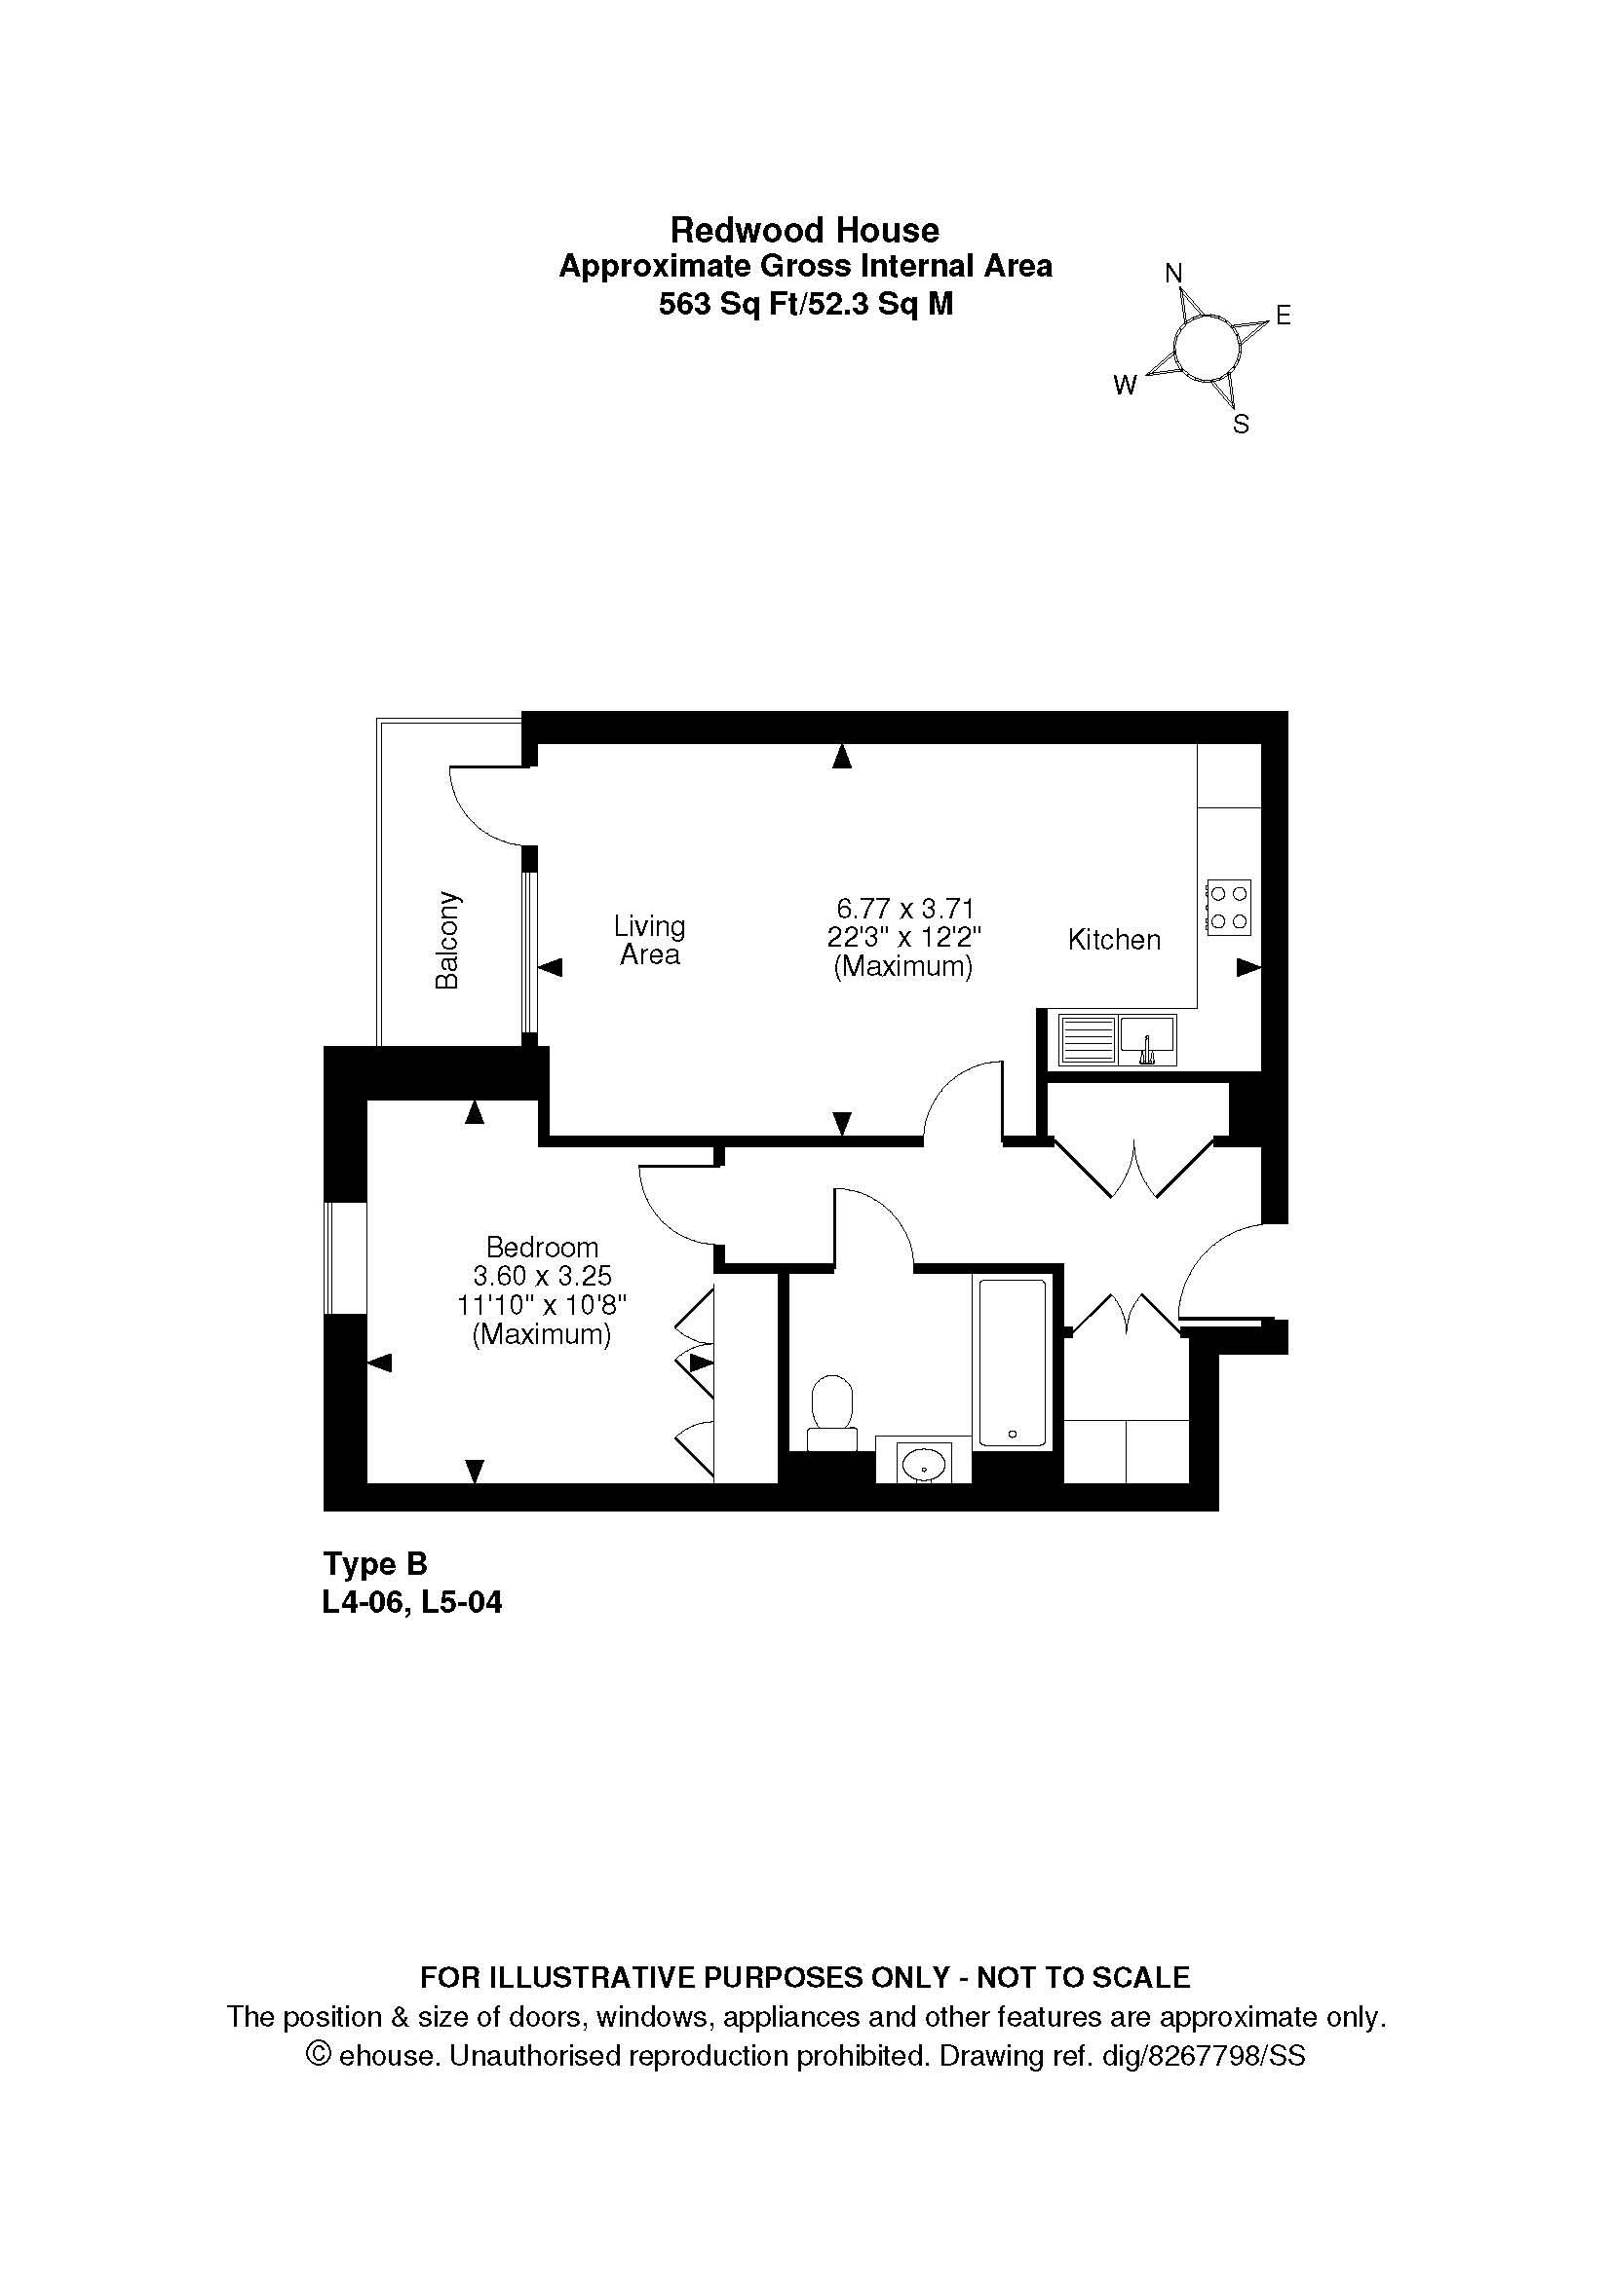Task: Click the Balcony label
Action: tap(447, 941)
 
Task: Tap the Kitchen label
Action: tap(1114, 940)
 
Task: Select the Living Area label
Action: tap(649, 941)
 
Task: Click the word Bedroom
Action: tap(542, 1248)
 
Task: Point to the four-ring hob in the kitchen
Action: tap(1228, 907)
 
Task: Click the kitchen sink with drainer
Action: tap(1117, 1039)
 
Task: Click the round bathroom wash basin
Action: tap(924, 1463)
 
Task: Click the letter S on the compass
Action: tap(1241, 425)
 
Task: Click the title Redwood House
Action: tap(804, 230)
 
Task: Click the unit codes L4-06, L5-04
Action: tap(413, 1602)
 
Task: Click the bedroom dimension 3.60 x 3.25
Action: tap(542, 1276)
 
